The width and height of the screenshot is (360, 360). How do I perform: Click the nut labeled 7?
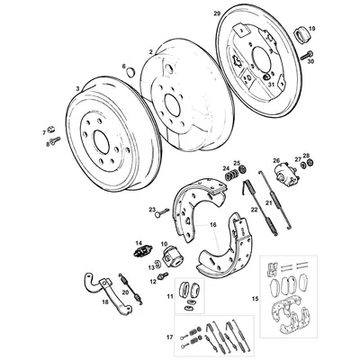[50, 131]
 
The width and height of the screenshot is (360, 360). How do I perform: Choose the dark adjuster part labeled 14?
[140, 251]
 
